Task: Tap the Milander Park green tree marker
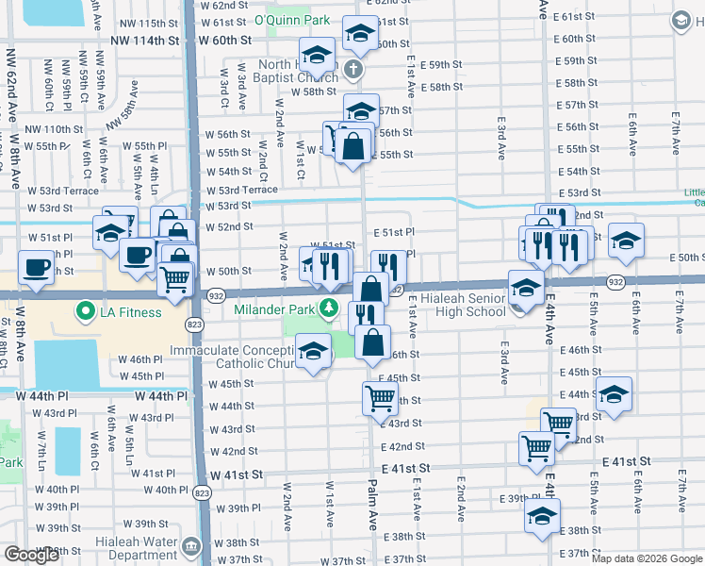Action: coord(328,307)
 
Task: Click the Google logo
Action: coord(31,555)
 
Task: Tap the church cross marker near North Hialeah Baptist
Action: coord(352,69)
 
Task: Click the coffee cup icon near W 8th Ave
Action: coord(37,267)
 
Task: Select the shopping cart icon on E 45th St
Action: coord(380,397)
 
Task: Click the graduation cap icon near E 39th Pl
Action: coord(542,516)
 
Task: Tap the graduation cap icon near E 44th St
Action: coord(614,394)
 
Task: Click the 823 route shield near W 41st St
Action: coord(201,492)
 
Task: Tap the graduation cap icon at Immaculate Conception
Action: coord(312,353)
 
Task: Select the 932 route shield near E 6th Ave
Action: coord(615,282)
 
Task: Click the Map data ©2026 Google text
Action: coord(647,558)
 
